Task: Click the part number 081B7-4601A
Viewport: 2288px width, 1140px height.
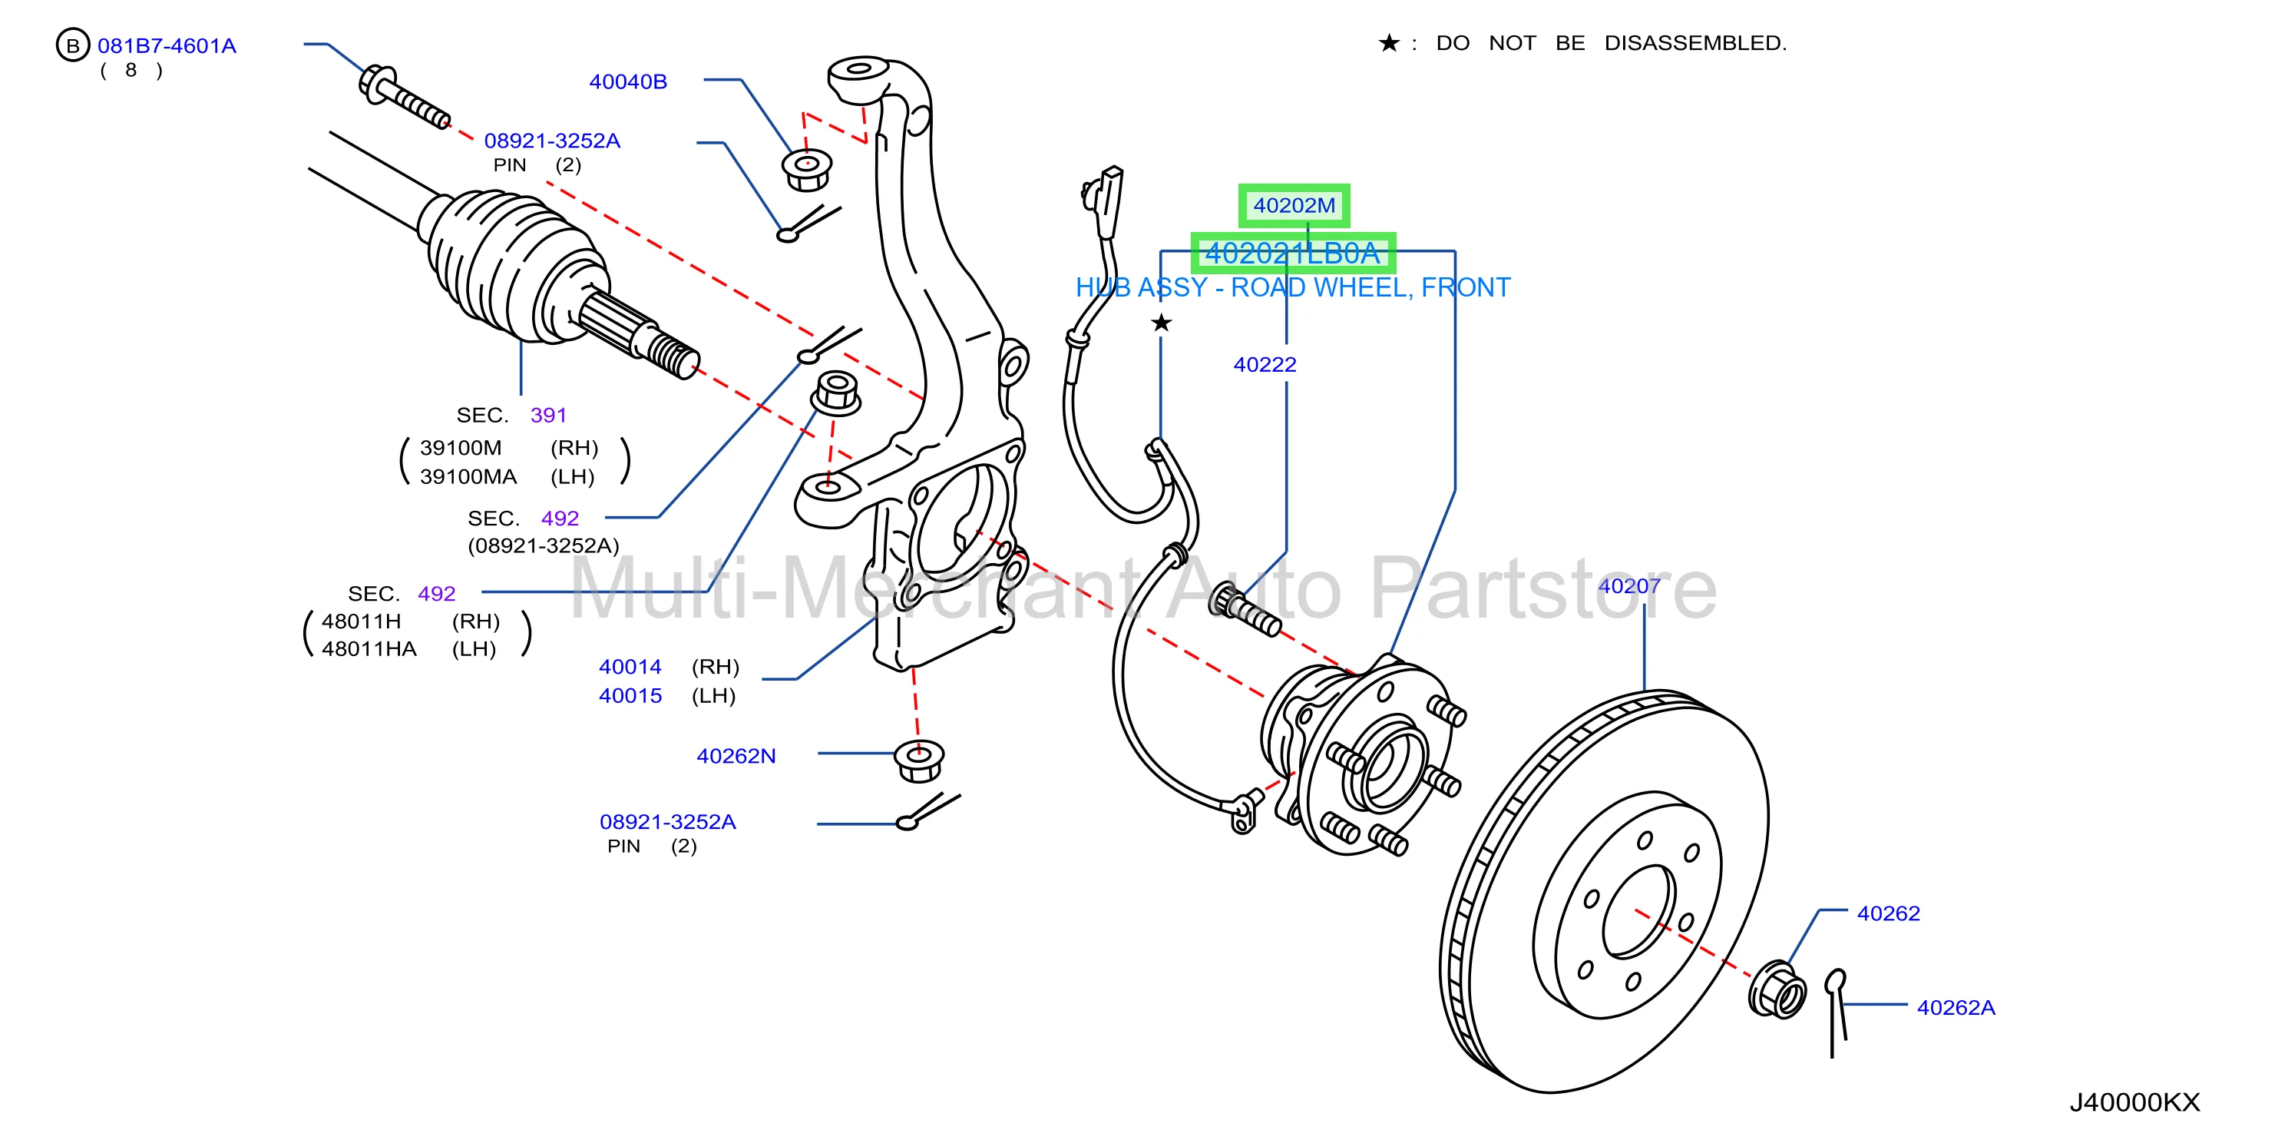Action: (167, 45)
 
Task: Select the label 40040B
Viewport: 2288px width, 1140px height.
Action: (628, 81)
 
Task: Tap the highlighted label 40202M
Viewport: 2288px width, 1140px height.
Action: (1294, 206)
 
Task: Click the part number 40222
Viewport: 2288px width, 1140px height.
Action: (1265, 364)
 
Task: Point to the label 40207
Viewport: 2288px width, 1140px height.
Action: (1630, 585)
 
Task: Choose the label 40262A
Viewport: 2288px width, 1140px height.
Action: (1956, 1008)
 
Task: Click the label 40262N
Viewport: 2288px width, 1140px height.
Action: (736, 756)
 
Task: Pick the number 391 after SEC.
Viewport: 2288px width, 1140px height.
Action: (548, 415)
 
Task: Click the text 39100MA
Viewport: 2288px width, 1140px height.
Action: (468, 476)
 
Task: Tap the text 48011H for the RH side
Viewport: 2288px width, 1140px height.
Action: (362, 621)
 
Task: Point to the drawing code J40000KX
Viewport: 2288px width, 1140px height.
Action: (2135, 1102)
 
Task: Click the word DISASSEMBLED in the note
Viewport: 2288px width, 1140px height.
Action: (1695, 43)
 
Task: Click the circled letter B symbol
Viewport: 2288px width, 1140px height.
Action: (73, 45)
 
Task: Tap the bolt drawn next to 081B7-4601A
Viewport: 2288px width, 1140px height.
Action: (404, 97)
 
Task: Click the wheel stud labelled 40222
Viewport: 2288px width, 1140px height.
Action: (1245, 609)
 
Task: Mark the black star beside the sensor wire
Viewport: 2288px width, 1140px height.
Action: (1161, 323)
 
